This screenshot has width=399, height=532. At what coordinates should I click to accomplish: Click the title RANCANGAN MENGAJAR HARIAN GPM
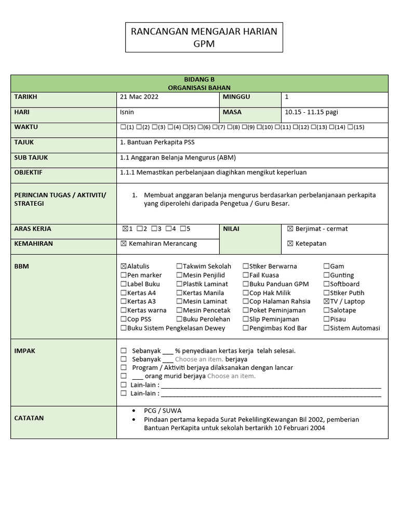point(204,37)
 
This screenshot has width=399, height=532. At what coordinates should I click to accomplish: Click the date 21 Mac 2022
point(139,97)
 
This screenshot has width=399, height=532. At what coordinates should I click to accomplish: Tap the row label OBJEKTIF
point(29,172)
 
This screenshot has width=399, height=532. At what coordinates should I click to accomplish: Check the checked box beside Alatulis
point(123,267)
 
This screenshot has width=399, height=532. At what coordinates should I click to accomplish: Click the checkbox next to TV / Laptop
point(326,301)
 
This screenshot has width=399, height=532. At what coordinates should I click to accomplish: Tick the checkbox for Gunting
point(326,275)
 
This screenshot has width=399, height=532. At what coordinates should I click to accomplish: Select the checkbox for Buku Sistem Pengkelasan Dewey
point(123,328)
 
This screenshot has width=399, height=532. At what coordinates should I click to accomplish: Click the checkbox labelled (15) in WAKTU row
point(350,127)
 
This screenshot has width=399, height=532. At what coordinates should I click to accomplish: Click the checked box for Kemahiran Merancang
point(123,244)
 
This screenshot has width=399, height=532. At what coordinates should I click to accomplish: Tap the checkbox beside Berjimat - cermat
point(290,229)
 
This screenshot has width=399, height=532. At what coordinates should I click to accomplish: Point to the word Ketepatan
point(311,244)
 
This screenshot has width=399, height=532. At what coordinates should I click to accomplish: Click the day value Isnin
point(127,112)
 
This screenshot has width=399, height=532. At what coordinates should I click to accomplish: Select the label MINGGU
point(236,97)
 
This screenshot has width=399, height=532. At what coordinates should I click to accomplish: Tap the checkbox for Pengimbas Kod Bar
point(245,328)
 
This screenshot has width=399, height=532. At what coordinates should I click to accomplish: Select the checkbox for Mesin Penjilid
point(179,275)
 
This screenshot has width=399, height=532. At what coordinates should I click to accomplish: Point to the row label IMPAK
point(25,351)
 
